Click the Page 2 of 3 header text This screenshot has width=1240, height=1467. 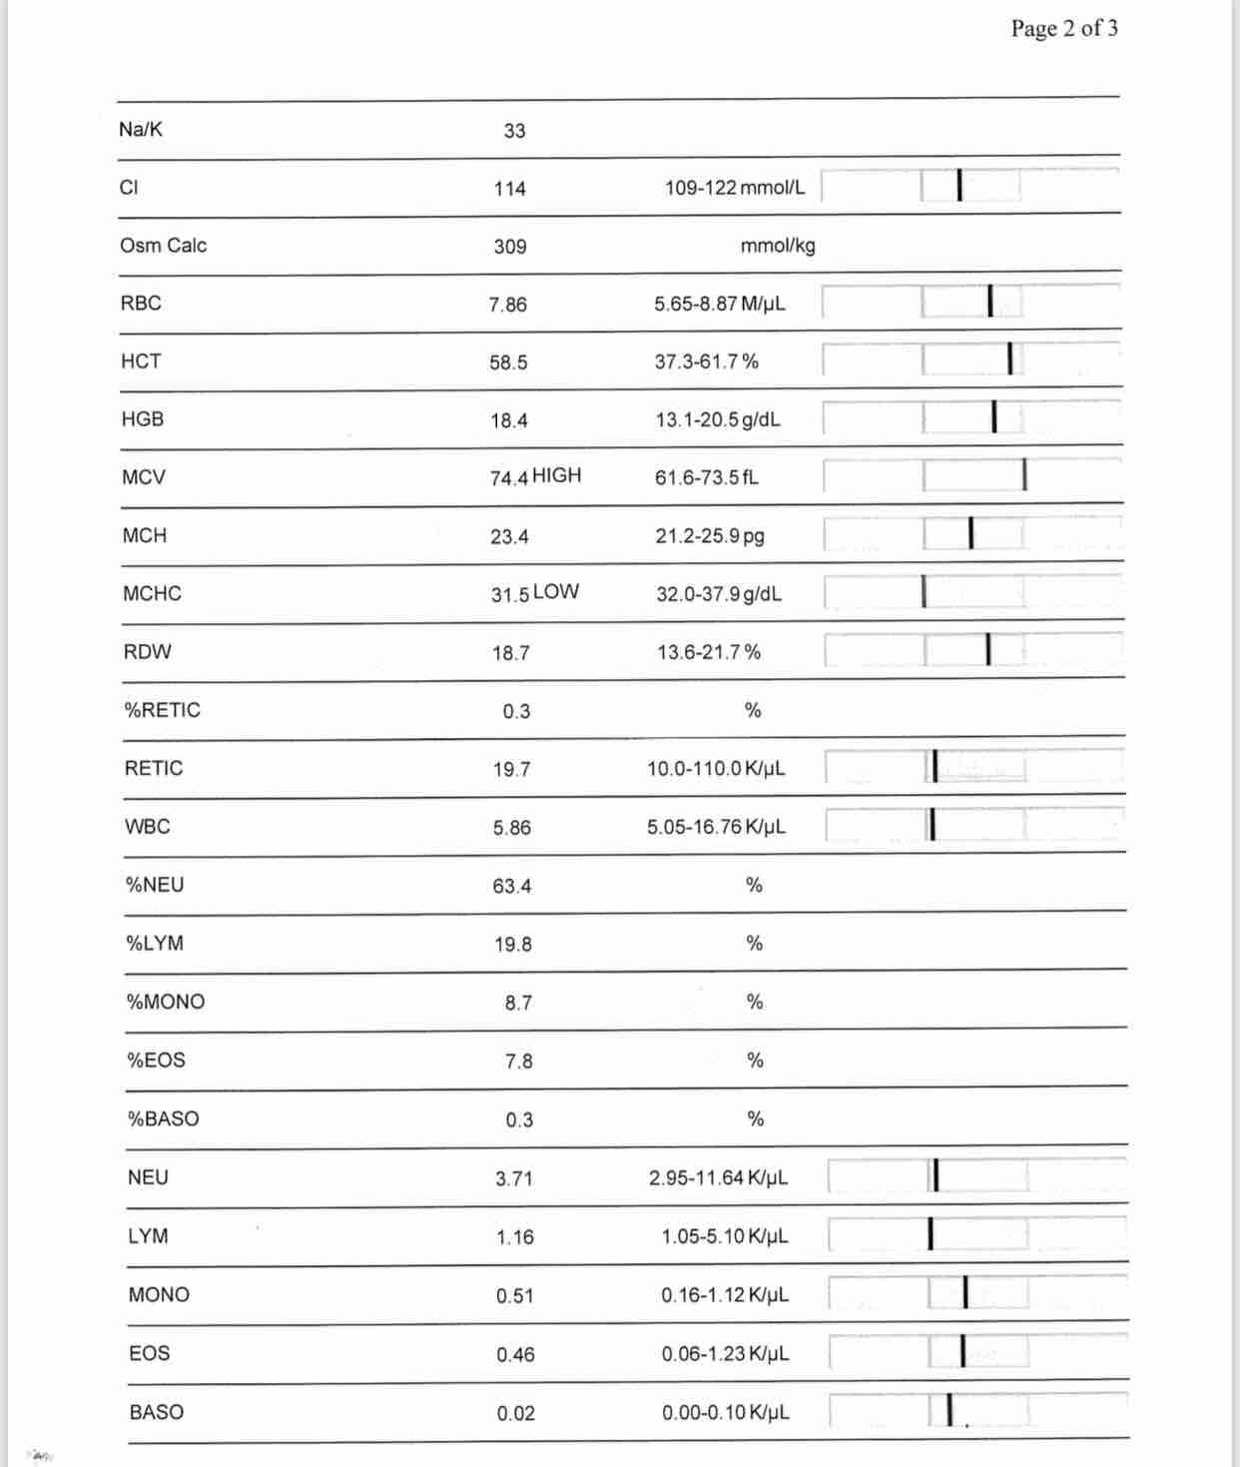click(x=1063, y=28)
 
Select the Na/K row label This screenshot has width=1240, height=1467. click(x=141, y=129)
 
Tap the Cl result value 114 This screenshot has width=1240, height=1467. click(x=509, y=188)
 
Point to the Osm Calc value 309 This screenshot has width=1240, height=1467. click(x=509, y=246)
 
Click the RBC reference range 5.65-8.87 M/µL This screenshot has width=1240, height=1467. click(x=720, y=304)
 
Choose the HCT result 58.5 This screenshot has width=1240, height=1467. click(x=508, y=363)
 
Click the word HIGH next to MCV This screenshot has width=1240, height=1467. click(x=556, y=475)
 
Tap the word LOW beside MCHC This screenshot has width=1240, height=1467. click(x=555, y=591)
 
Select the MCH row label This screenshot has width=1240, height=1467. click(x=145, y=535)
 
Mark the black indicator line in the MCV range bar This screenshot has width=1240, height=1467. click(x=1024, y=475)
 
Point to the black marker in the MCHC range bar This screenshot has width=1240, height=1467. click(x=924, y=591)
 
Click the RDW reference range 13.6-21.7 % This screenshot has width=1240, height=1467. click(x=709, y=652)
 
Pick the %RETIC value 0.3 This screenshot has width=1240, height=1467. click(x=516, y=711)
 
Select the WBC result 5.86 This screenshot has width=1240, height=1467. click(x=511, y=828)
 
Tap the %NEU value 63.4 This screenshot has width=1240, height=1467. click(x=511, y=886)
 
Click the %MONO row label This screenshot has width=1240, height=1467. click(x=166, y=1002)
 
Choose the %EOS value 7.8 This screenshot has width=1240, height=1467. click(x=518, y=1061)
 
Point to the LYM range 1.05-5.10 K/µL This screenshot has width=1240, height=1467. click(x=725, y=1236)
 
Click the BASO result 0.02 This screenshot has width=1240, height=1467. click(x=515, y=1413)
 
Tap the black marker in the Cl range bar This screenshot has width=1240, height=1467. click(x=958, y=185)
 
